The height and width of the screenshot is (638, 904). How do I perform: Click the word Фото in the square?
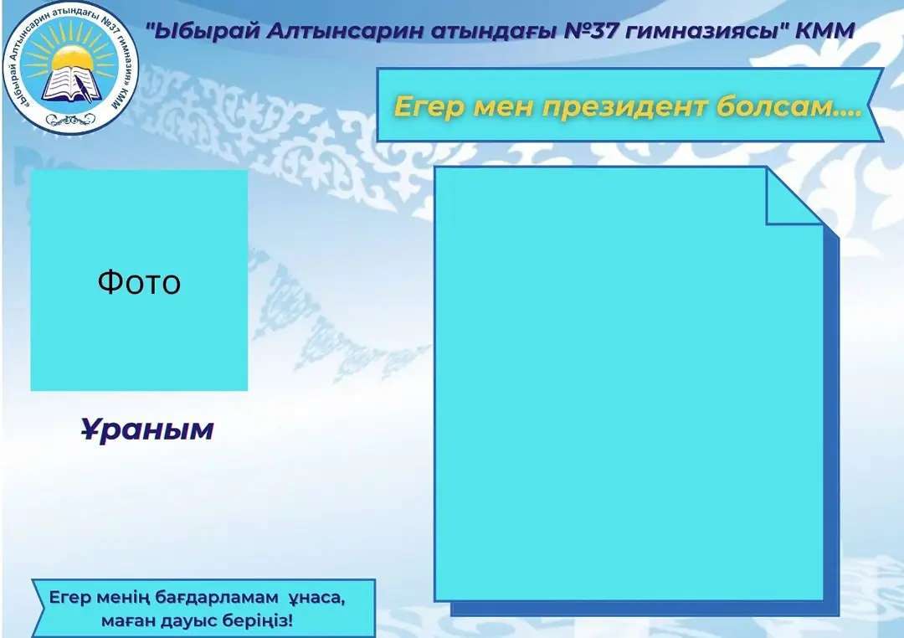139,283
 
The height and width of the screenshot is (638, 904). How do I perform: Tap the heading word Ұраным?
147,430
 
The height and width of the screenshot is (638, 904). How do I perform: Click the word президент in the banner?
624,107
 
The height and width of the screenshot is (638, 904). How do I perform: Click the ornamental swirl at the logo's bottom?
70,120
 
